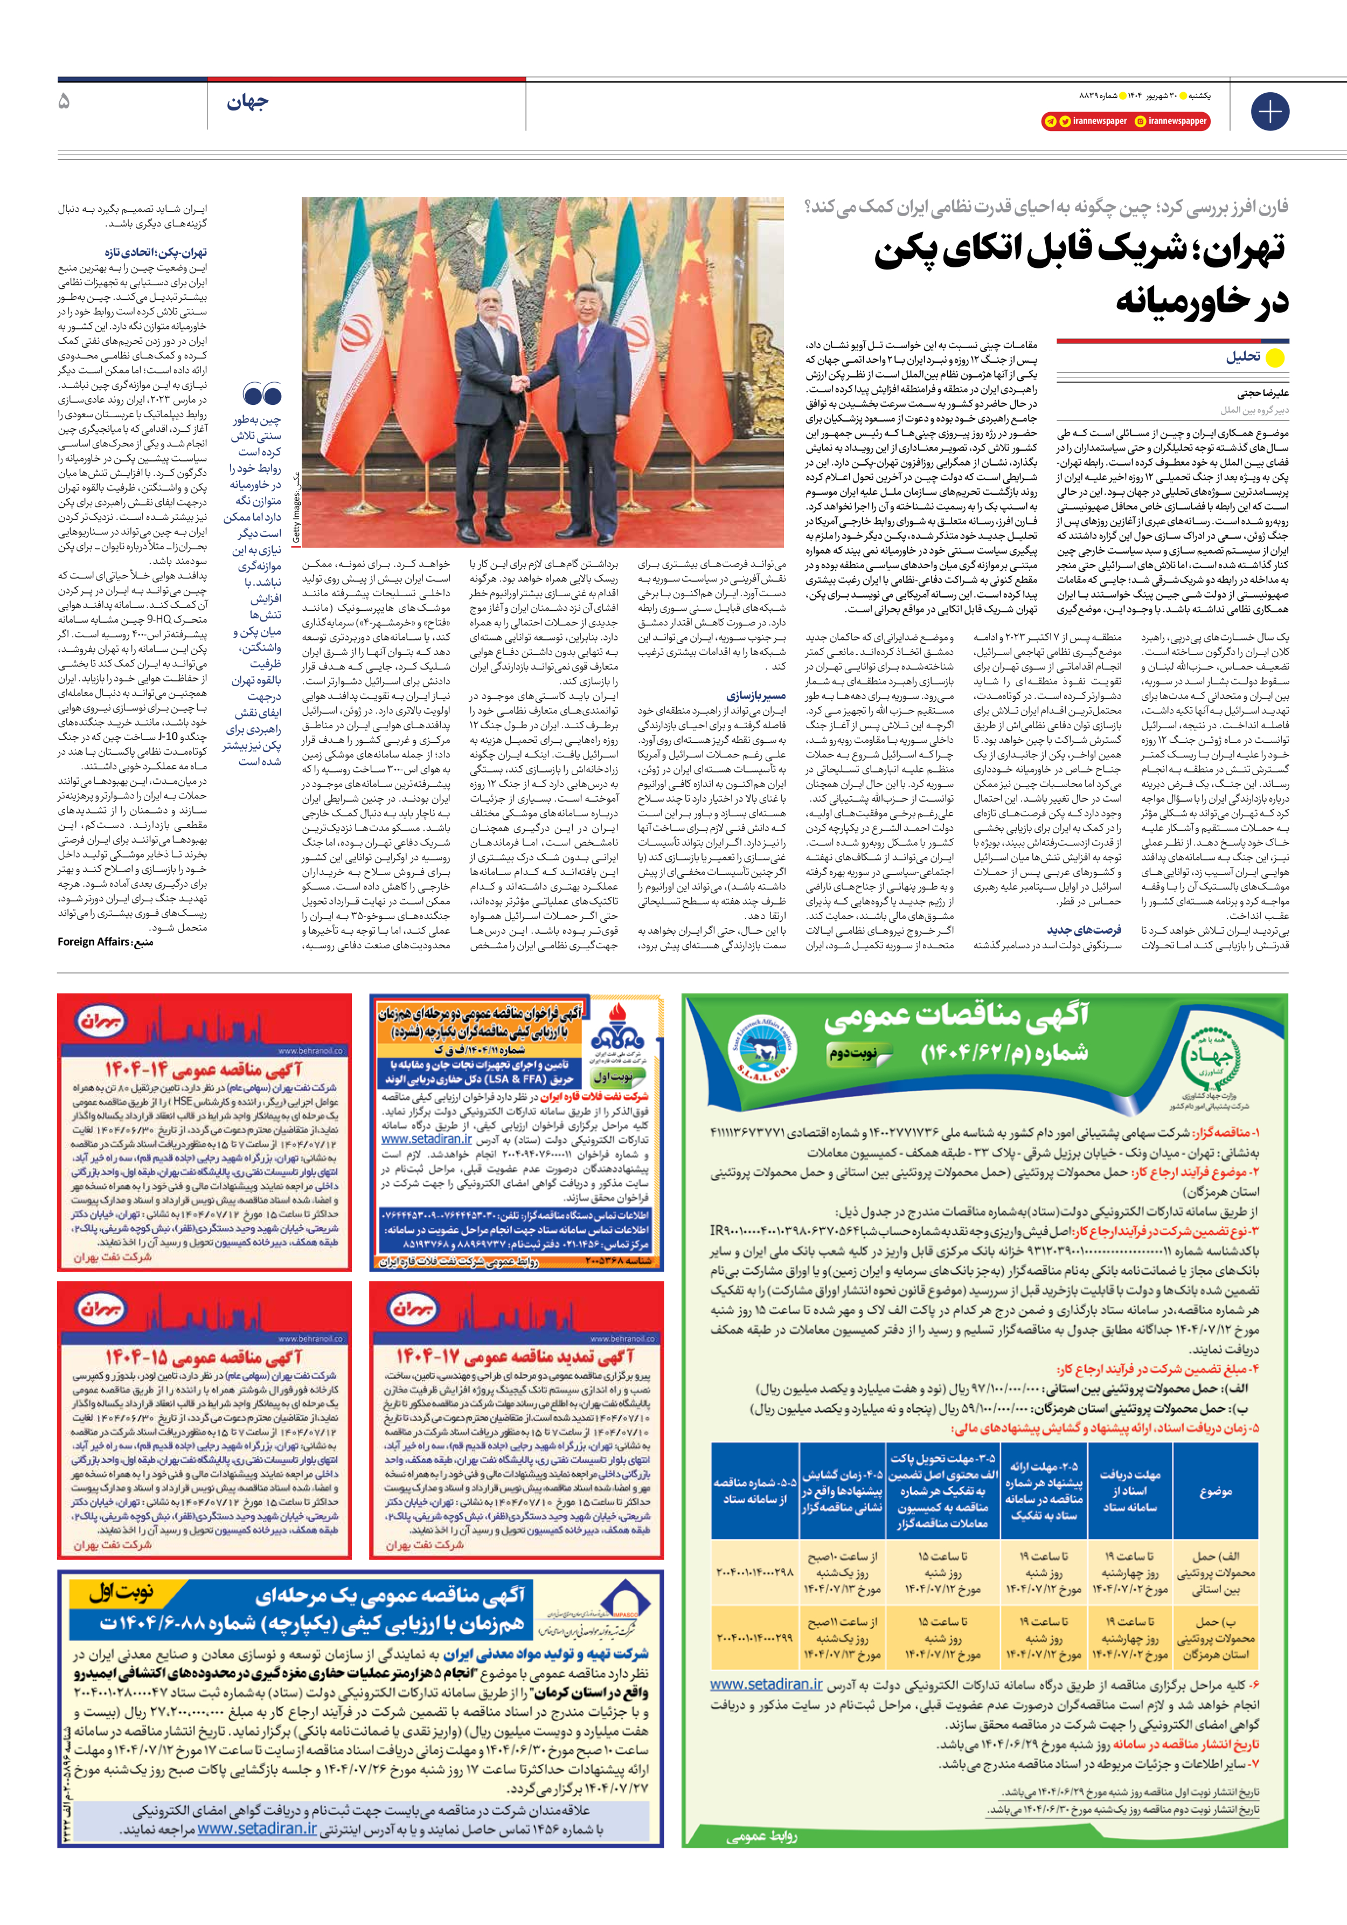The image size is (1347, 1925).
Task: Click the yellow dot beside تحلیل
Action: pyautogui.click(x=1274, y=358)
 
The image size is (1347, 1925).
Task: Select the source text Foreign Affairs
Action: pyautogui.click(x=93, y=942)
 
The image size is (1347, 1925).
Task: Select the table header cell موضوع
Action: pyautogui.click(x=1214, y=1492)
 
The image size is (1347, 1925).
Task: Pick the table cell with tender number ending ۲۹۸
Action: pyautogui.click(x=754, y=1572)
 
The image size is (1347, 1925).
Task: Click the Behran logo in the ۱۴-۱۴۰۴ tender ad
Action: pyautogui.click(x=101, y=1021)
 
